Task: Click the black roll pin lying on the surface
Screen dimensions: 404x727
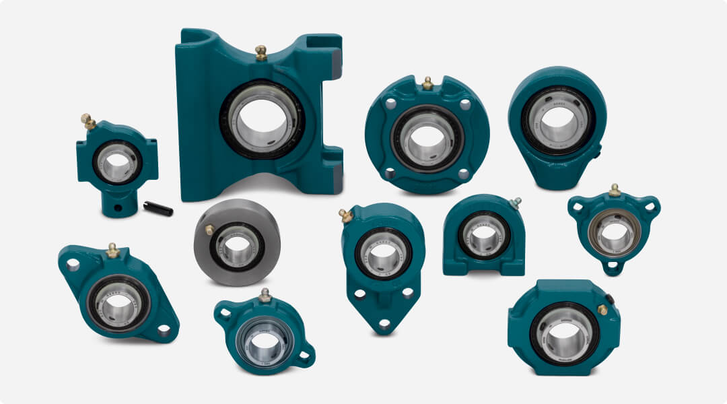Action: [x=158, y=209]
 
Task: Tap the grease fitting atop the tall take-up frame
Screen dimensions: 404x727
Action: [x=261, y=52]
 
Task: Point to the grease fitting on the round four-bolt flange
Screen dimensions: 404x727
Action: [x=427, y=83]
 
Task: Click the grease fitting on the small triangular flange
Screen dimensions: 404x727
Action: [x=614, y=190]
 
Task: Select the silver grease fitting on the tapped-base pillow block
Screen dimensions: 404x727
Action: [x=516, y=202]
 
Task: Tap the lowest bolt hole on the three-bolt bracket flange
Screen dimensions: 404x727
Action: [x=384, y=323]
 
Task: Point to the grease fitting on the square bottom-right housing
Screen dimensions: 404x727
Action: [x=602, y=309]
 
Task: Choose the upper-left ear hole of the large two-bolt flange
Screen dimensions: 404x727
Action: [x=73, y=265]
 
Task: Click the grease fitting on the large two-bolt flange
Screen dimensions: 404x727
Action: [x=112, y=250]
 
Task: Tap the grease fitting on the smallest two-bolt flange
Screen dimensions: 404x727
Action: [x=265, y=295]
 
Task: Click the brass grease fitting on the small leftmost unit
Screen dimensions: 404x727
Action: [x=88, y=121]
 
